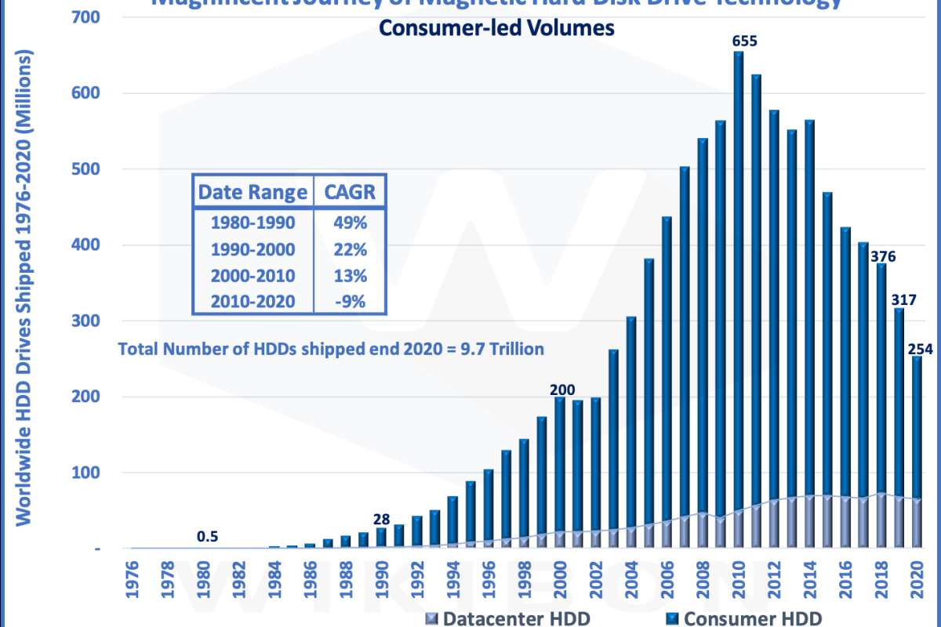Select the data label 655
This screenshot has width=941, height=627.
coord(744,41)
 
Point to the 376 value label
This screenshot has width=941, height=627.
coord(881,256)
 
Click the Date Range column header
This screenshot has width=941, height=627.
coord(253,193)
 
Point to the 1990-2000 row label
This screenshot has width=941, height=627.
coord(253,249)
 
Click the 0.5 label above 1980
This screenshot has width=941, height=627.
coord(207,537)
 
